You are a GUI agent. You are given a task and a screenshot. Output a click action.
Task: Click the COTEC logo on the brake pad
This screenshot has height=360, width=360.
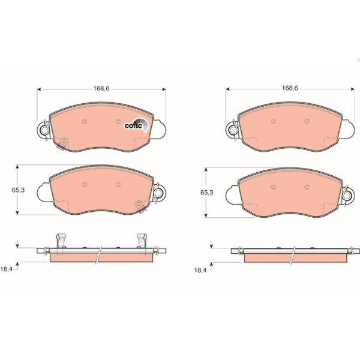tap(134, 124)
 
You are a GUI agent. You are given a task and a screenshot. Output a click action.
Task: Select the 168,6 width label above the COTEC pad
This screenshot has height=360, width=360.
tap(101, 88)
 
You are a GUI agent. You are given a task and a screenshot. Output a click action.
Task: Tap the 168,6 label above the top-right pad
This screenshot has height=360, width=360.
tap(290, 88)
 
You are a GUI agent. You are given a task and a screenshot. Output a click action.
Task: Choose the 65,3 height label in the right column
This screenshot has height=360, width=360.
tap(206, 192)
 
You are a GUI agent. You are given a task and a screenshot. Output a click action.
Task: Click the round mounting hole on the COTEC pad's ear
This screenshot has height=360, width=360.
tap(43, 129)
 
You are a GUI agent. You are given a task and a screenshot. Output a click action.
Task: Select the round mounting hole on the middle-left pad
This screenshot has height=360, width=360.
tap(159, 193)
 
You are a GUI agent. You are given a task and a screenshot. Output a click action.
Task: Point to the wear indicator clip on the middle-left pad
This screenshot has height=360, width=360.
tap(140, 206)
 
